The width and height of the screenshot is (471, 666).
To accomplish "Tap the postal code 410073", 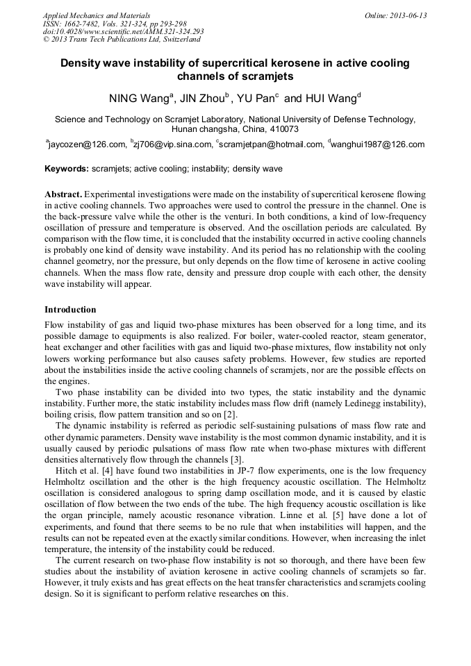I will pos(283,129).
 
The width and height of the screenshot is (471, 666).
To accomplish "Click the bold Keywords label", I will pos(67,169).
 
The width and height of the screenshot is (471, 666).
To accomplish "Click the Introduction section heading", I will pos(70,309).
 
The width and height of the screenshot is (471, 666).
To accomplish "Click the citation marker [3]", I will pos(236,459).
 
